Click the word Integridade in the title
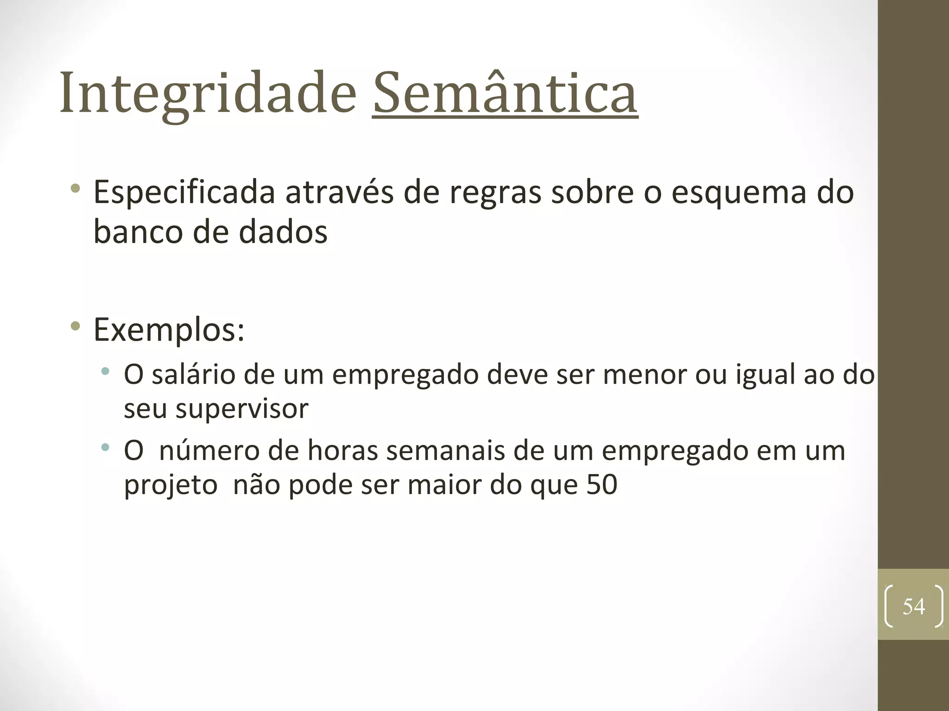(x=208, y=94)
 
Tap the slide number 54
(x=913, y=606)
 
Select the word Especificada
(x=184, y=193)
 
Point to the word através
(x=339, y=193)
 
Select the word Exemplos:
(x=169, y=330)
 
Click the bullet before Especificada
(x=75, y=189)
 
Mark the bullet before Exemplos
(x=75, y=327)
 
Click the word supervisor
(x=242, y=409)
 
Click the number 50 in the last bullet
(x=602, y=485)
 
